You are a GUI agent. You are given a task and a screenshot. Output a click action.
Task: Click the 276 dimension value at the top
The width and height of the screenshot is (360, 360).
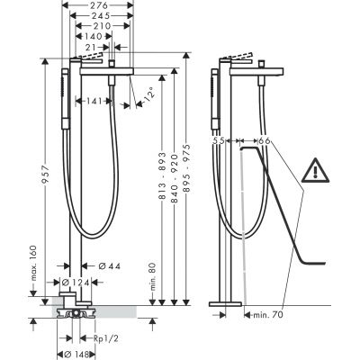[x=102, y=7]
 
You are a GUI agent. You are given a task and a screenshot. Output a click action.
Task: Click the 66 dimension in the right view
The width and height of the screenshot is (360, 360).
[x=264, y=141]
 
